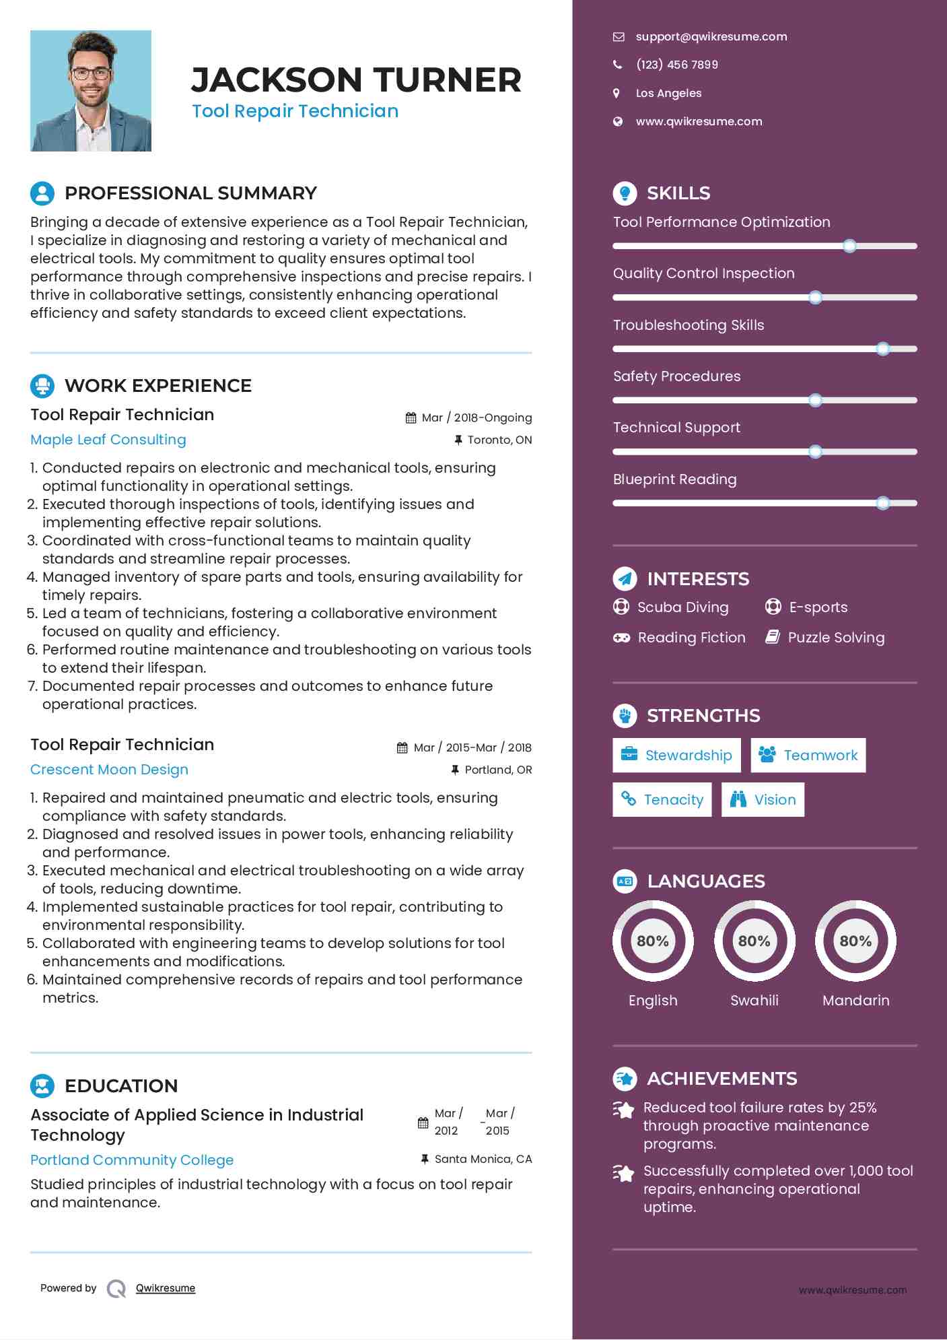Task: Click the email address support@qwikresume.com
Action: coord(711,36)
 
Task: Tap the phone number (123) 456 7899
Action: coord(676,65)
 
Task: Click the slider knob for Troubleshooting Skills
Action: coord(882,349)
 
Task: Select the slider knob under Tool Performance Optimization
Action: coord(849,246)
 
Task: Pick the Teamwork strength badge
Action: coord(808,755)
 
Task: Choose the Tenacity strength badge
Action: coord(662,799)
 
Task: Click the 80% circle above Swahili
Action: coord(754,941)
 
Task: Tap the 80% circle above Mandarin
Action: coord(855,941)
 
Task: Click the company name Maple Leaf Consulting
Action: coord(108,440)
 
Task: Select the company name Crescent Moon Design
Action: coord(109,770)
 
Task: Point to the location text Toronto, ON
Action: coord(499,440)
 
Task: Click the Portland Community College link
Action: coord(132,1160)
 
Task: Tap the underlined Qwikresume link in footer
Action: coord(166,1288)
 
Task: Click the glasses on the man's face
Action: coord(91,73)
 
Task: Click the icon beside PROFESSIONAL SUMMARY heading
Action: coord(42,193)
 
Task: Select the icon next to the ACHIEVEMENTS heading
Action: coord(625,1079)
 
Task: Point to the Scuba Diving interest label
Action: coord(682,607)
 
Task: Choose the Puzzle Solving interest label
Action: coord(836,638)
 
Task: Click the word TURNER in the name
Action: coord(448,80)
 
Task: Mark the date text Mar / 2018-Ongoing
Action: coord(477,417)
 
